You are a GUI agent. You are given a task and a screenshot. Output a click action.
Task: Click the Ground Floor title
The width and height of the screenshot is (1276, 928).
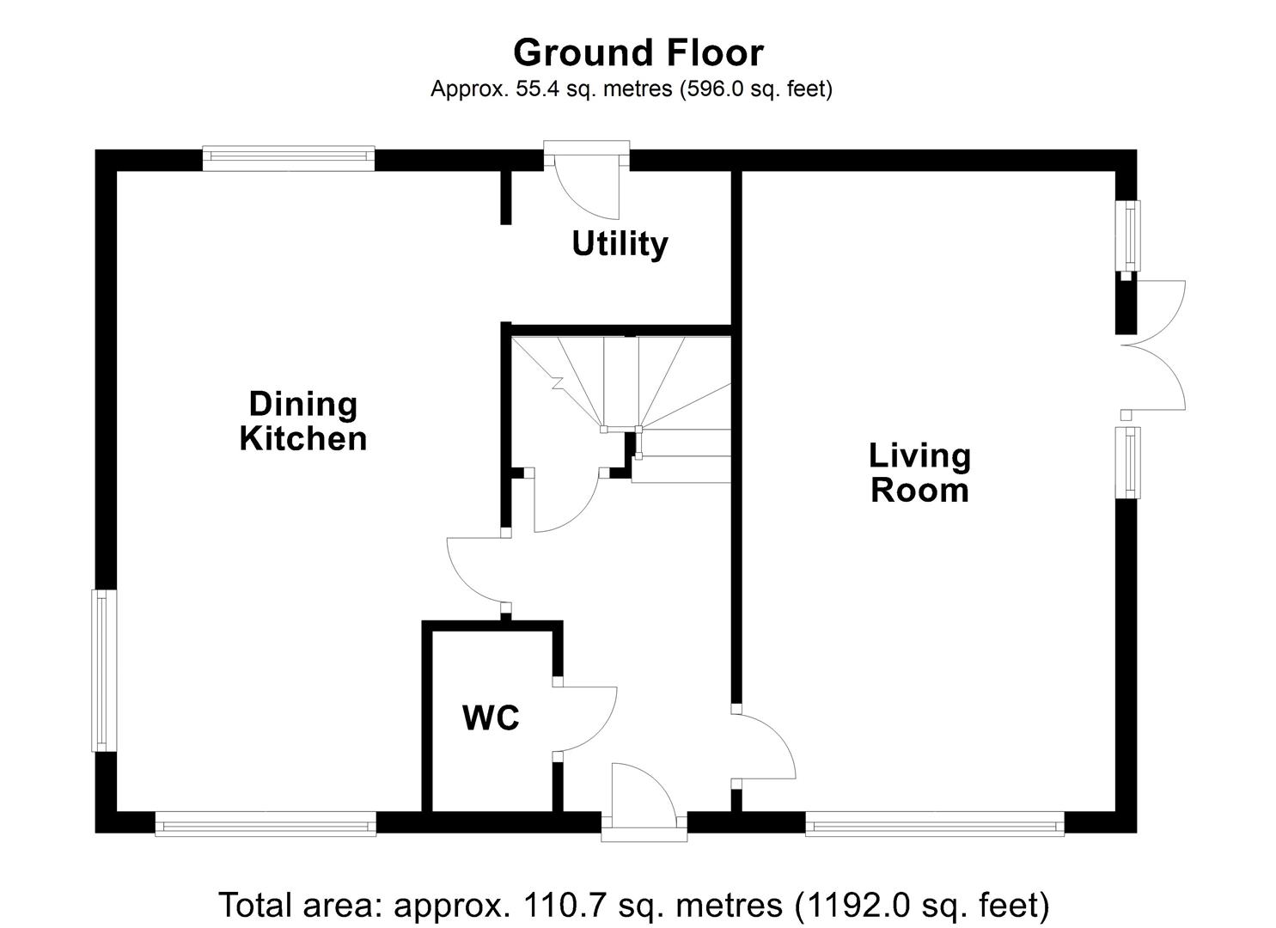coord(638,52)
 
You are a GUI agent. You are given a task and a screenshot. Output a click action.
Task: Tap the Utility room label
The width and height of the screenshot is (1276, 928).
coord(620,244)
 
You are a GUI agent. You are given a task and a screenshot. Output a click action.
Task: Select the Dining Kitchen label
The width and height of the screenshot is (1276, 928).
coord(302,421)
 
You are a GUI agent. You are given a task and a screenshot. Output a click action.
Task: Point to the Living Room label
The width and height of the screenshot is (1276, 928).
coord(919,473)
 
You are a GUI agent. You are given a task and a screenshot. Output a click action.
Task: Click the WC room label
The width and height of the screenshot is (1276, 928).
coord(491,717)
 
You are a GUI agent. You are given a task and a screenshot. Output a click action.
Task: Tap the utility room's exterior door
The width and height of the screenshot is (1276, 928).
coord(586,184)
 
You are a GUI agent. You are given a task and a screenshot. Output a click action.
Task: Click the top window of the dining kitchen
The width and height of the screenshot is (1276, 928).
coord(289,156)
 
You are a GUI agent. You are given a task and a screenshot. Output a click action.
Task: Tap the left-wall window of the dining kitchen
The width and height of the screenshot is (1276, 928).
coord(105,670)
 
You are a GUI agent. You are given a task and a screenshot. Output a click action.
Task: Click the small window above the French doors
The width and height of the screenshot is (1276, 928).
coord(1127,235)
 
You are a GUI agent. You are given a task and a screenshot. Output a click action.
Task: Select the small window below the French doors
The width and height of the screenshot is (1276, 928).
coord(1127,462)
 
